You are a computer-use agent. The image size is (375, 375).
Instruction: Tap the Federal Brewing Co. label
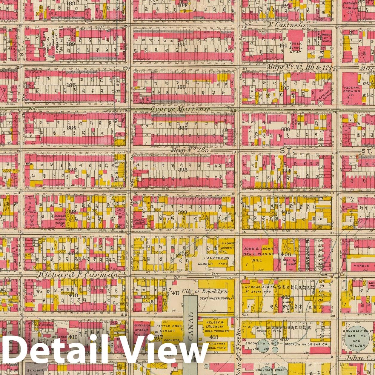click(352, 90)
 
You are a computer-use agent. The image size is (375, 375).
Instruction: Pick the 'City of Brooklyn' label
click(205, 291)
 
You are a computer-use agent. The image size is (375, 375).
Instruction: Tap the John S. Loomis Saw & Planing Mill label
click(258, 254)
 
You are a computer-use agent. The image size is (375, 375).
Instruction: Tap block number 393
click(183, 170)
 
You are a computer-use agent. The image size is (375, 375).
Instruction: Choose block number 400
click(285, 212)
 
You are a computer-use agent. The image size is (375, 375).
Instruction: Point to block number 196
click(181, 87)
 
